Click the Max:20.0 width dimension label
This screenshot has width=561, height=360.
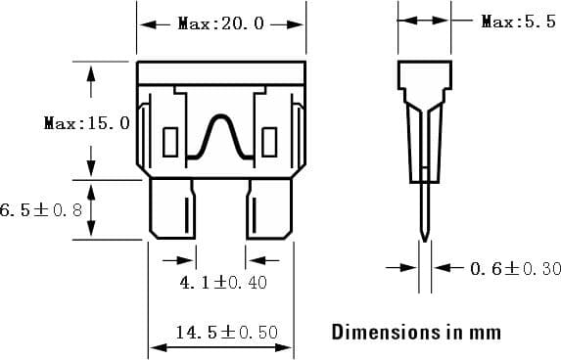click(x=221, y=23)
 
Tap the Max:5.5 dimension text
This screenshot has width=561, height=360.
click(x=518, y=22)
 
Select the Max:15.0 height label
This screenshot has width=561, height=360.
click(x=86, y=123)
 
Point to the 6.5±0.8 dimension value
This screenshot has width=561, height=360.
click(x=41, y=209)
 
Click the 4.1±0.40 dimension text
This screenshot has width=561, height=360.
click(x=223, y=283)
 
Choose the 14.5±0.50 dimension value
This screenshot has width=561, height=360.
click(x=226, y=333)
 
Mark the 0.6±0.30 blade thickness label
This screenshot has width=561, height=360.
click(x=515, y=268)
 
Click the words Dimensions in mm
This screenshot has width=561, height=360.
click(x=416, y=332)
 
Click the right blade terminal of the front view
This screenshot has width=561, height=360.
click(x=269, y=209)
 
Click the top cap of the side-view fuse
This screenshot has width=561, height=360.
click(x=424, y=73)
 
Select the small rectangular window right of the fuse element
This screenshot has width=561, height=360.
click(x=274, y=142)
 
